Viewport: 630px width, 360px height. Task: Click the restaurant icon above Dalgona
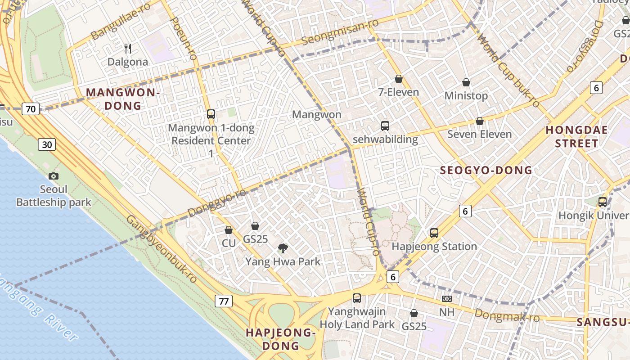coord(128,48)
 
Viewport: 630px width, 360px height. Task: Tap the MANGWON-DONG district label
coord(123,99)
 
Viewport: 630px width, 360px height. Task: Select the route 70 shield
coord(31,109)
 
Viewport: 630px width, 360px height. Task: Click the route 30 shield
coord(47,144)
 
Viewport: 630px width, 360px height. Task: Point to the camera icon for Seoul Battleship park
coord(54,176)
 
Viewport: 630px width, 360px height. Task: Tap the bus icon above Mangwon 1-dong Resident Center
coord(211,114)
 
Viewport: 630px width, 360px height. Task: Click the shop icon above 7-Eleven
coord(398,79)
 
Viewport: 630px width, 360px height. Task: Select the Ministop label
coord(466,96)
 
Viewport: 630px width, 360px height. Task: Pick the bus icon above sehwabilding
coord(385,126)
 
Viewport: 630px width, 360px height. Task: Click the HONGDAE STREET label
coord(576,137)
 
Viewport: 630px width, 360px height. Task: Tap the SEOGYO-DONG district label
coord(486,171)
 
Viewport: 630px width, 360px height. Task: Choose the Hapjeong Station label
coord(434,247)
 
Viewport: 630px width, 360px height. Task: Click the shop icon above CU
coord(229,230)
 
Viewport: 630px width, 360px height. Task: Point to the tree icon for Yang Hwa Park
coord(283,247)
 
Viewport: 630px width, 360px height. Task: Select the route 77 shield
coord(224,301)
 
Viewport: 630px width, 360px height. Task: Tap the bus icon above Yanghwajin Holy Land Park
coord(357,298)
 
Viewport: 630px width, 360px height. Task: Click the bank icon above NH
coord(446,299)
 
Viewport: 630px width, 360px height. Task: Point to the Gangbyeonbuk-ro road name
coord(161,249)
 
